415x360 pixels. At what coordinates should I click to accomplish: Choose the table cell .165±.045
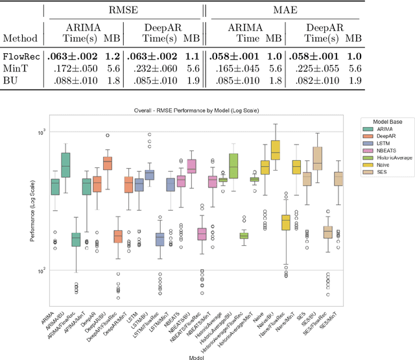click(242, 69)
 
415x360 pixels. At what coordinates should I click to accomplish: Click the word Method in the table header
click(21, 39)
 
